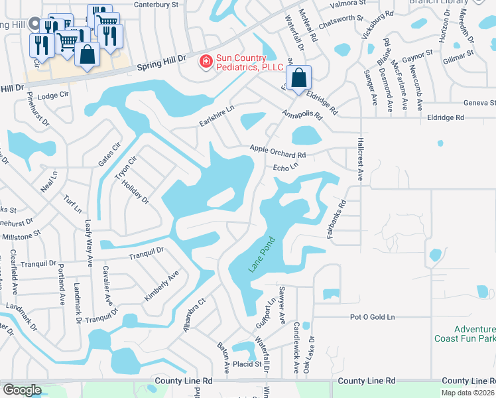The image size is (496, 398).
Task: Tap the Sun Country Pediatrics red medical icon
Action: [206, 62]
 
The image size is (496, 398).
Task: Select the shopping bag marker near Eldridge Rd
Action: [300, 78]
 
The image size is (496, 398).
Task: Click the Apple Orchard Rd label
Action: [277, 151]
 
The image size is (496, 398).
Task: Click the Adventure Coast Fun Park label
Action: [465, 334]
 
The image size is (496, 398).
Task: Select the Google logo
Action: [22, 390]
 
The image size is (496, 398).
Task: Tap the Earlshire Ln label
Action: [217, 116]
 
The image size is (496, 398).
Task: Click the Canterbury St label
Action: [157, 4]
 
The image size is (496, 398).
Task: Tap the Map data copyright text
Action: [471, 392]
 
